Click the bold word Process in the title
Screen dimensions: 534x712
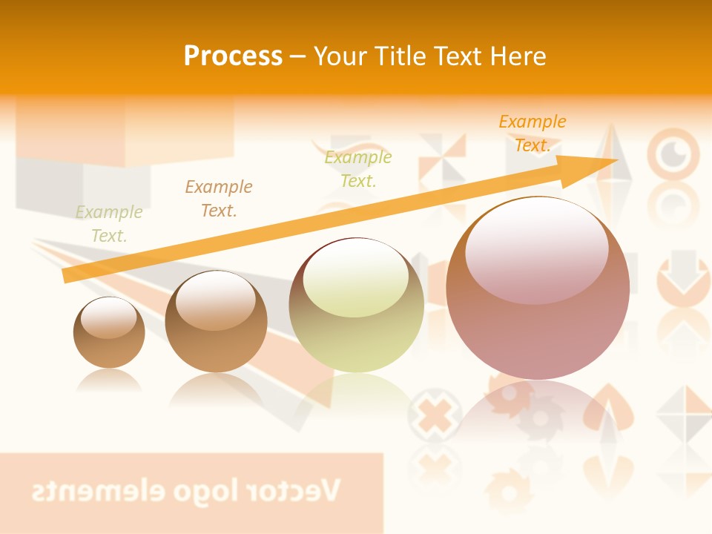point(233,56)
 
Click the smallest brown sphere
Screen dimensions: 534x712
point(109,333)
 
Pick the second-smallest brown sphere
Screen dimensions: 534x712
point(216,322)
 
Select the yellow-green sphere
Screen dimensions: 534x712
point(356,306)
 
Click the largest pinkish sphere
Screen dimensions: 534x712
point(538,289)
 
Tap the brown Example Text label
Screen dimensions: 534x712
point(219,198)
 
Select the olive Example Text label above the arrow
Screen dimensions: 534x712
point(358,168)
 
